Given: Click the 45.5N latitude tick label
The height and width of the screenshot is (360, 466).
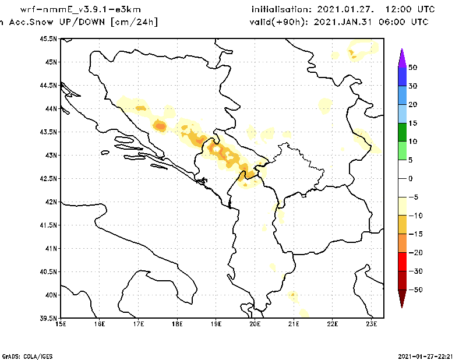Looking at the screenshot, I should pos(49,38).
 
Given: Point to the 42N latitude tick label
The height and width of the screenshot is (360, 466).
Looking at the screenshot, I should pos(51,202).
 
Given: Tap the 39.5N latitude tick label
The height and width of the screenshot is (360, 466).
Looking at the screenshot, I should pos(49,319).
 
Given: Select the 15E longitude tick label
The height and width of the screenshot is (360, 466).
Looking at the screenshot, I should pos(61,325).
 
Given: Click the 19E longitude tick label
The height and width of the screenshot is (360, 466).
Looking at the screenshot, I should pos(216,325).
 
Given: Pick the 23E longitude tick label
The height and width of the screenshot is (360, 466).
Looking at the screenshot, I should pos(372,325).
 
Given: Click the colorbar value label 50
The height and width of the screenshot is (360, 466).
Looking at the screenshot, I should pos(412,68).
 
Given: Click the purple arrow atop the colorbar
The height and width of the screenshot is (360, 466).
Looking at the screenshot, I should pos(401,57).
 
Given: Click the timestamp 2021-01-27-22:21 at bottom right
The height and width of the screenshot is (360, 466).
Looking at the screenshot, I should pos(426,355).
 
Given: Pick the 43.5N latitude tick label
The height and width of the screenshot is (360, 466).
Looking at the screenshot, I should pos(49,132).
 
